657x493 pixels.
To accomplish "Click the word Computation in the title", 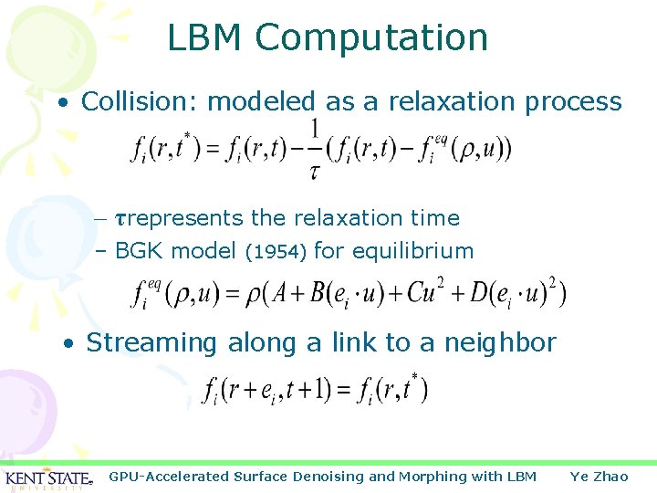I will tap(371, 38).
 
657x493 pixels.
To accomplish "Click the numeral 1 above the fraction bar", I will tap(315, 129).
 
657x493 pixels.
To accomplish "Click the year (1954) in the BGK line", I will tap(278, 251).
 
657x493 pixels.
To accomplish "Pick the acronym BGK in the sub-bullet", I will tap(140, 251).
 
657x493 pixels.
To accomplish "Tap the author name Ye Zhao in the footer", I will tap(599, 477).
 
